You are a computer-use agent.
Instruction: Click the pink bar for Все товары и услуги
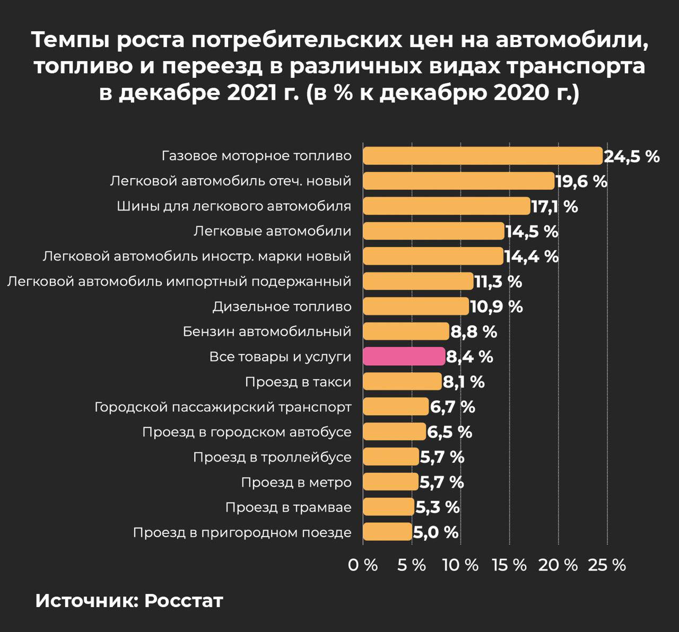(x=404, y=356)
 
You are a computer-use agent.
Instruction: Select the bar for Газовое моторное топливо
(x=483, y=156)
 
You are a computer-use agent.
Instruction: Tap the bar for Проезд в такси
(x=402, y=382)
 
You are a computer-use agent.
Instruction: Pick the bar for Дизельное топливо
(x=416, y=306)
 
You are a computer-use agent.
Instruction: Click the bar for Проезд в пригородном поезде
(x=387, y=532)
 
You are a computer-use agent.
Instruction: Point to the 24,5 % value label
(x=632, y=156)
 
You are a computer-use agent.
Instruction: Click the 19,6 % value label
(x=581, y=181)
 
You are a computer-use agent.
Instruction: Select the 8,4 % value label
(x=469, y=357)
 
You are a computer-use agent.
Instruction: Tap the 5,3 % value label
(x=437, y=507)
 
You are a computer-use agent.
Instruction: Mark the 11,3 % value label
(x=498, y=282)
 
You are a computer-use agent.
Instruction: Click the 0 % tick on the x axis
(x=363, y=565)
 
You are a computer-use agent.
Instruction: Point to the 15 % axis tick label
(x=509, y=565)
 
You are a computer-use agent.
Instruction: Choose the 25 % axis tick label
(x=607, y=565)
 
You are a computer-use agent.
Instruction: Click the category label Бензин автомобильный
(x=267, y=332)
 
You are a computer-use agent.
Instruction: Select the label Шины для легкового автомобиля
(x=234, y=206)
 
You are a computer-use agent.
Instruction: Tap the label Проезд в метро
(x=296, y=482)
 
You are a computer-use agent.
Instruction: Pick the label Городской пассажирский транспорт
(x=223, y=407)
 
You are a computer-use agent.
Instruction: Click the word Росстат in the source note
(x=184, y=601)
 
